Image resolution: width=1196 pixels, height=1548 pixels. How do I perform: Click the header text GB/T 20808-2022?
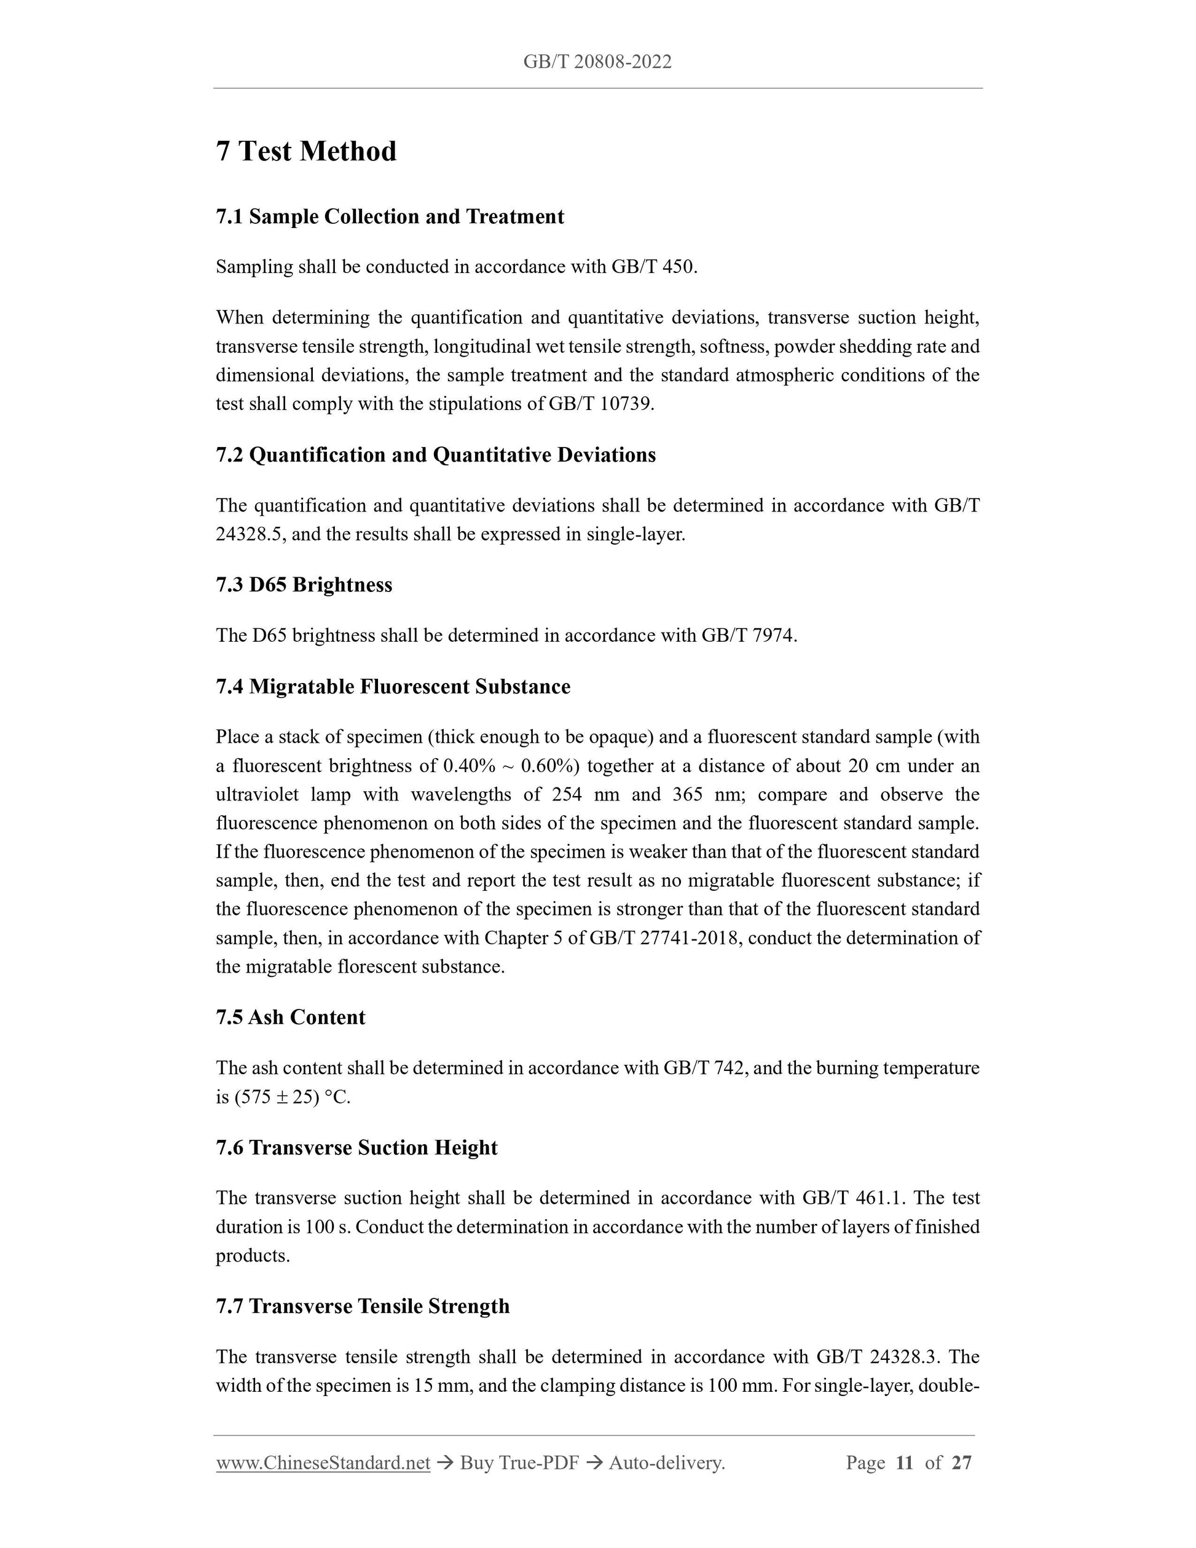click(597, 61)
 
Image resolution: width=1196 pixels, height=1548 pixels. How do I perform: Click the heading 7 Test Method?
click(306, 151)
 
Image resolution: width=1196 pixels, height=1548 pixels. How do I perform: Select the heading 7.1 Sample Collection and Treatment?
click(390, 216)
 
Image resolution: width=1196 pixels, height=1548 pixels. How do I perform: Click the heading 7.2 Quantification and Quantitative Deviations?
click(436, 454)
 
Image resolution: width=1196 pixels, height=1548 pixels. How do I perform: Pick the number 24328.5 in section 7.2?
click(250, 534)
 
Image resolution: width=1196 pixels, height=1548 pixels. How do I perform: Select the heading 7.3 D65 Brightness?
click(304, 585)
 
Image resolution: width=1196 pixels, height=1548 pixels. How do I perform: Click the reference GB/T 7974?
click(748, 636)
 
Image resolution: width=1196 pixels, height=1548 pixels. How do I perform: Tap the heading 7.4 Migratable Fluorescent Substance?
click(393, 686)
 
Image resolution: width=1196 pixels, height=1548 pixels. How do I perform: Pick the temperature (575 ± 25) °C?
click(291, 1097)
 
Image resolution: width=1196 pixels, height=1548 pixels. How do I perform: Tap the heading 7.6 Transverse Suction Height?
click(356, 1148)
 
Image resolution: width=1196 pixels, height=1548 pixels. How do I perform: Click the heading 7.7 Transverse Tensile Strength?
click(363, 1306)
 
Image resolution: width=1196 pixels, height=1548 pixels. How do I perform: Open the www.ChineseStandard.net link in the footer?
click(323, 1463)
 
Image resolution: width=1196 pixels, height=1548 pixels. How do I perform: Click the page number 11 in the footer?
click(904, 1463)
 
